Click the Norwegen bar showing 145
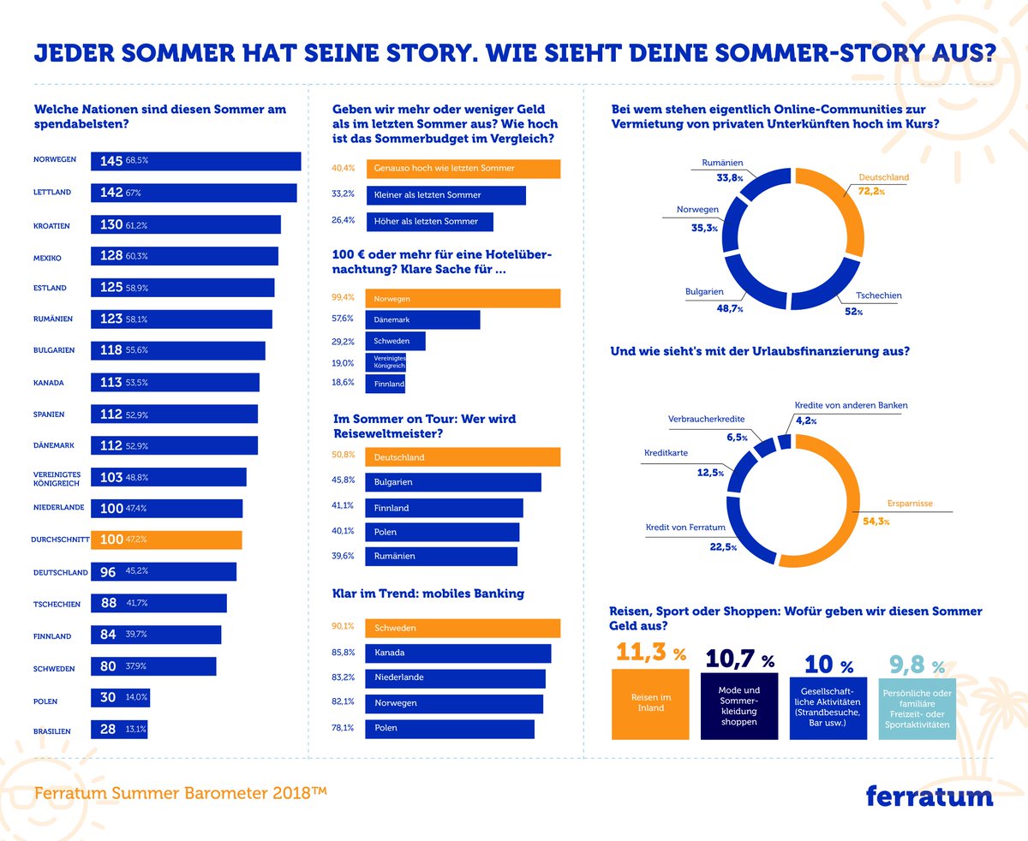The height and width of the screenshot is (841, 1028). click(195, 161)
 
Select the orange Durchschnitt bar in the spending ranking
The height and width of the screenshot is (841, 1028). click(166, 540)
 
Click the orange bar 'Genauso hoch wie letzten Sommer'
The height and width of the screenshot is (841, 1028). click(463, 169)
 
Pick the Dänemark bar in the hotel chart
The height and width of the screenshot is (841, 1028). click(422, 319)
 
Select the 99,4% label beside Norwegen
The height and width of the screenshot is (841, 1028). click(343, 298)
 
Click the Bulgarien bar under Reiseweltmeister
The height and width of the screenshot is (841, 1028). click(453, 483)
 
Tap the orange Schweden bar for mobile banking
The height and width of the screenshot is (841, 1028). click(463, 628)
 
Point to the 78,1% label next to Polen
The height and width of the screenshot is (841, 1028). click(343, 728)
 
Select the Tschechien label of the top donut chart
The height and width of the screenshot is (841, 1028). click(879, 296)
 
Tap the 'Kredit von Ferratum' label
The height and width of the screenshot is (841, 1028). click(685, 528)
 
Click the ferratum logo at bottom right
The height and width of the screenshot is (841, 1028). click(929, 796)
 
